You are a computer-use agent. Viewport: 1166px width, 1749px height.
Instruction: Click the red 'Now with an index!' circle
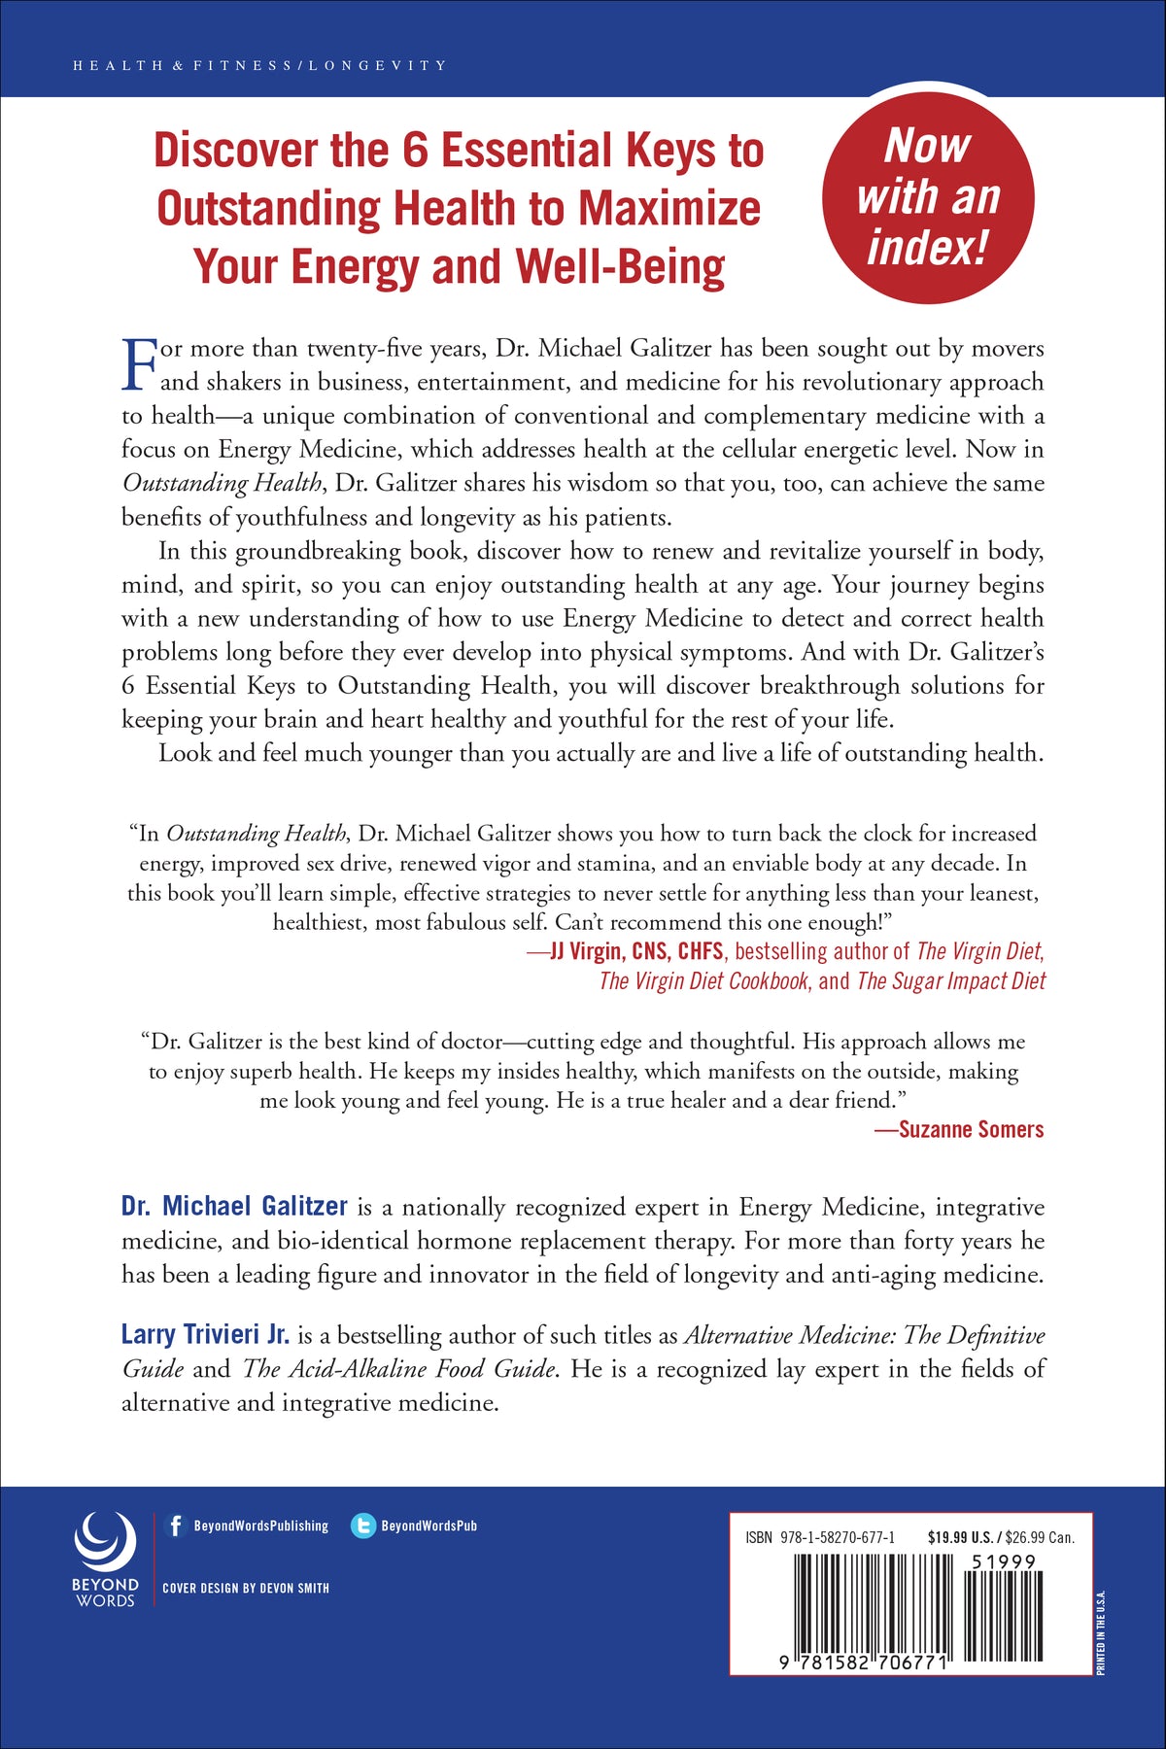point(928,198)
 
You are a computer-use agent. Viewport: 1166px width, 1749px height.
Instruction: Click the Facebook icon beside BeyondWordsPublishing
point(176,1526)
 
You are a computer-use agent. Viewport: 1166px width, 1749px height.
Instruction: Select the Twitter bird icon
point(363,1526)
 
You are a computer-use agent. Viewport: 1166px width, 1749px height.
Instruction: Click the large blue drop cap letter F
point(139,364)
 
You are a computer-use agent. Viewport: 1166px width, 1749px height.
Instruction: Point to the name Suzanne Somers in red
point(971,1129)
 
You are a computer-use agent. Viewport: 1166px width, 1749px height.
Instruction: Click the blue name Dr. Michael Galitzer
point(234,1206)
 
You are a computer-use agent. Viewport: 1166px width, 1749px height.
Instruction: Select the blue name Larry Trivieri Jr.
point(205,1334)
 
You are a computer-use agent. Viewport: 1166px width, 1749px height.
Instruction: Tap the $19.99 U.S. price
point(960,1537)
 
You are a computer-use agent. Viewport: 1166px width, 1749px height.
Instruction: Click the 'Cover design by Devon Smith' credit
point(246,1588)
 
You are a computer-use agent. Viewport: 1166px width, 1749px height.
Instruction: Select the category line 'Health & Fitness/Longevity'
point(259,66)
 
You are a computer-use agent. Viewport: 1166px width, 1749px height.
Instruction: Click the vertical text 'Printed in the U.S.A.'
point(1101,1631)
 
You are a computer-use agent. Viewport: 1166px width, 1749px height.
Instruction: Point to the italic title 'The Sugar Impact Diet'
point(950,980)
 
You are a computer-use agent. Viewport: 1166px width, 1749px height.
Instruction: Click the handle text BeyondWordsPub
point(429,1526)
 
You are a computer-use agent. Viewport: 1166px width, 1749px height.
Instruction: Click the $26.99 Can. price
point(1041,1537)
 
